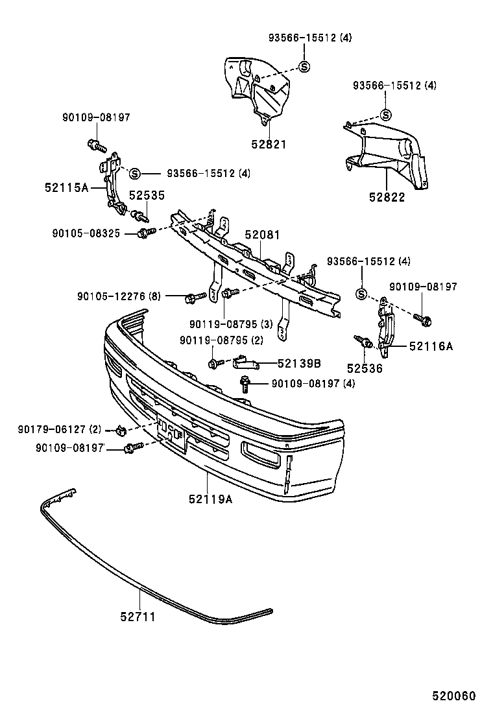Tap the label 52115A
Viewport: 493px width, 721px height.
(x=67, y=187)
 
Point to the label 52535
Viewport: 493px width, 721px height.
(x=146, y=195)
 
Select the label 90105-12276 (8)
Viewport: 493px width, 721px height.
(x=119, y=296)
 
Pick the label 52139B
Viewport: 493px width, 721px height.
(x=300, y=364)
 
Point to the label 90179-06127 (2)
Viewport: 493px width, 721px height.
(x=60, y=429)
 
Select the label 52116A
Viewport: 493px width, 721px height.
(x=431, y=346)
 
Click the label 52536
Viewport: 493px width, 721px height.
(x=364, y=368)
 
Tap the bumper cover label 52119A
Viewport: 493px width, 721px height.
(x=211, y=499)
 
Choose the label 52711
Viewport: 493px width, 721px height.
(x=138, y=617)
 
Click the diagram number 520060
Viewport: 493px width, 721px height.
(x=454, y=696)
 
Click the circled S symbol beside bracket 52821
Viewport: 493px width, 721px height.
(x=305, y=65)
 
